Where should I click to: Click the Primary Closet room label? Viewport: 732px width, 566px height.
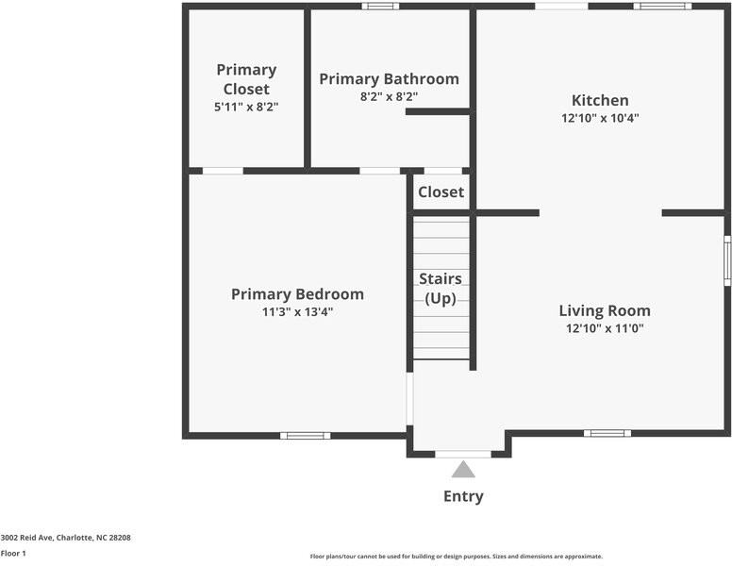(x=246, y=79)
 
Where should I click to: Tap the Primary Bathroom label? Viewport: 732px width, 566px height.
(x=389, y=79)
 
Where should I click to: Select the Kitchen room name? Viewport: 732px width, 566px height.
(x=600, y=100)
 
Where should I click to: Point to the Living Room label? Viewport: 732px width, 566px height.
(x=604, y=310)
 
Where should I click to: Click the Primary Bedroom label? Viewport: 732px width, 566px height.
(x=297, y=294)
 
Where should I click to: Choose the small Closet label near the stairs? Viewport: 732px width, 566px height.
(x=441, y=192)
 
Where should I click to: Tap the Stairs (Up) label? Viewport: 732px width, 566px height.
(x=441, y=289)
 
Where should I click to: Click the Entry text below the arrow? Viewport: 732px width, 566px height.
(x=463, y=497)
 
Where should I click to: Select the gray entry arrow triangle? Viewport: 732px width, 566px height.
(x=463, y=470)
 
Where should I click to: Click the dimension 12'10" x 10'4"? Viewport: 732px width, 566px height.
(x=600, y=119)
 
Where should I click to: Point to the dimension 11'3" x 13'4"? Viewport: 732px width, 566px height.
(x=297, y=312)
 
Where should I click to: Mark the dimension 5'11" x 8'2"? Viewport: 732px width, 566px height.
(x=246, y=108)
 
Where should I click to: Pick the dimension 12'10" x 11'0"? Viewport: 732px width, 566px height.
(x=604, y=328)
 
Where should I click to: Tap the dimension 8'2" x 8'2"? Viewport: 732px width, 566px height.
(x=389, y=96)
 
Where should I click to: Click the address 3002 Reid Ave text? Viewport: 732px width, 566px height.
(x=65, y=538)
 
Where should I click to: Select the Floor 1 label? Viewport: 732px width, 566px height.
(x=13, y=554)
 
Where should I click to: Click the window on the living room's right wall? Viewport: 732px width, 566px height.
(x=727, y=260)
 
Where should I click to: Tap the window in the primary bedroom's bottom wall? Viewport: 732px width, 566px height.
(x=305, y=435)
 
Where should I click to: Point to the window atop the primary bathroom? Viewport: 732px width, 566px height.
(x=380, y=7)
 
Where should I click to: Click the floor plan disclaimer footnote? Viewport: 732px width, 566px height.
(x=456, y=557)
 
